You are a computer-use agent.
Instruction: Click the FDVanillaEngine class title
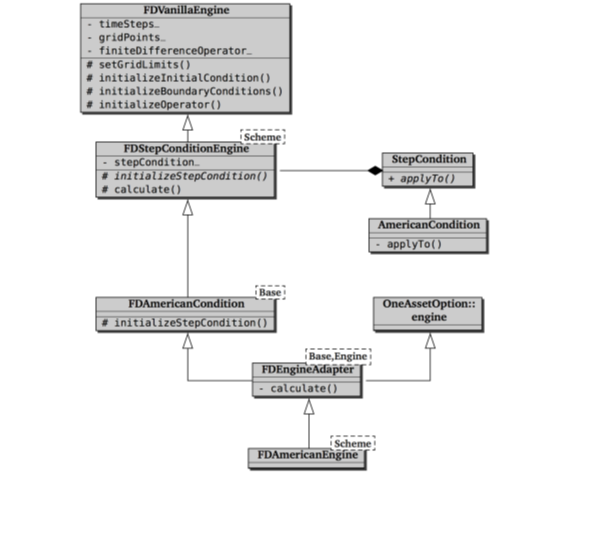click(186, 10)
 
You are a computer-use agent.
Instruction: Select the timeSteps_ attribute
click(123, 24)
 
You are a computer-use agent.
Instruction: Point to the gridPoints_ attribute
click(126, 37)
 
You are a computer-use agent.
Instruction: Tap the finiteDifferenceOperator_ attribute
click(169, 51)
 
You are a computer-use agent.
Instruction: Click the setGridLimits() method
click(139, 65)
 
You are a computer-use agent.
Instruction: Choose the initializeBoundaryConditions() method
click(185, 91)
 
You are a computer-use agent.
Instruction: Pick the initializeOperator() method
click(154, 105)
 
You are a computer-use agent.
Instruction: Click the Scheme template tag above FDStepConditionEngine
click(263, 137)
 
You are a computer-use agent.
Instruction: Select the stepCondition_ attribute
click(151, 162)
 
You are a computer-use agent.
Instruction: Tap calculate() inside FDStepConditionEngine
click(142, 189)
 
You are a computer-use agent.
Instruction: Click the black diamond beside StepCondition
click(375, 170)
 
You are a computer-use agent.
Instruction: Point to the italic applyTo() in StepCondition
click(422, 178)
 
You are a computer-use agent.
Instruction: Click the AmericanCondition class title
click(428, 225)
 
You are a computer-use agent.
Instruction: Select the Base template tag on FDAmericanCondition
click(270, 292)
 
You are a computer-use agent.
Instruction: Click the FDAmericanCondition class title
click(186, 304)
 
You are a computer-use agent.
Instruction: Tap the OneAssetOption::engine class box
click(428, 314)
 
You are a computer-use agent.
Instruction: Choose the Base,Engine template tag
click(338, 356)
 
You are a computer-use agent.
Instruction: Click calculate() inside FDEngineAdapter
click(299, 389)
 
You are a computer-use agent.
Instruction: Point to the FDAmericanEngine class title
click(307, 455)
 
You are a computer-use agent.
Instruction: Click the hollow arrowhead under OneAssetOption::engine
click(430, 341)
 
